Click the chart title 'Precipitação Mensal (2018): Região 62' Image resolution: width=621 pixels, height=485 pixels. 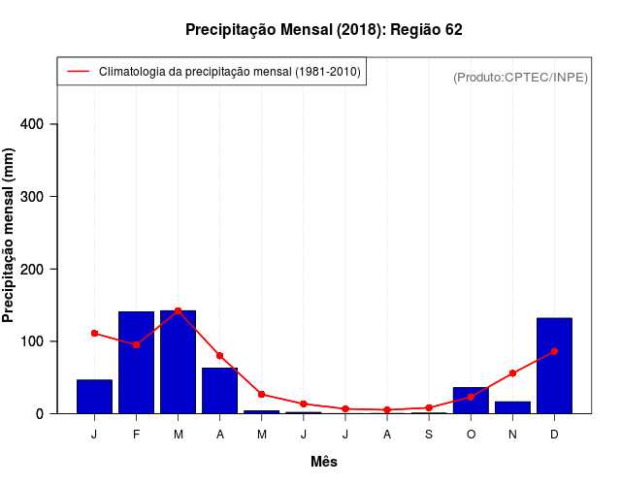323,30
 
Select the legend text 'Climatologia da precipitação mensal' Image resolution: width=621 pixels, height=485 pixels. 230,72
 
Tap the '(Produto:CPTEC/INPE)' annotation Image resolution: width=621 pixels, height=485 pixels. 520,77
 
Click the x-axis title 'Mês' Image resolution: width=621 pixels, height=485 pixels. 324,462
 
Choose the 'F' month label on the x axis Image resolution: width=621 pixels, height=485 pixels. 137,434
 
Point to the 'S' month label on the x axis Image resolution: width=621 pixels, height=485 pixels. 429,434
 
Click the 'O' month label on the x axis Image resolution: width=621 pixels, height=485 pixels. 471,434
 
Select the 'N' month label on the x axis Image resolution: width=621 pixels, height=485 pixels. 512,434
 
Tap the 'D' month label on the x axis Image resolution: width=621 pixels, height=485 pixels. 554,434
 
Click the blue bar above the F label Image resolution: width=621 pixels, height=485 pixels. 137,363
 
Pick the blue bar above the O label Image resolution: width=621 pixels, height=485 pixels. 471,401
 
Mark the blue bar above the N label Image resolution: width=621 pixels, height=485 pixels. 512,407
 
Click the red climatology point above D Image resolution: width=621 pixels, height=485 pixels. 554,351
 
